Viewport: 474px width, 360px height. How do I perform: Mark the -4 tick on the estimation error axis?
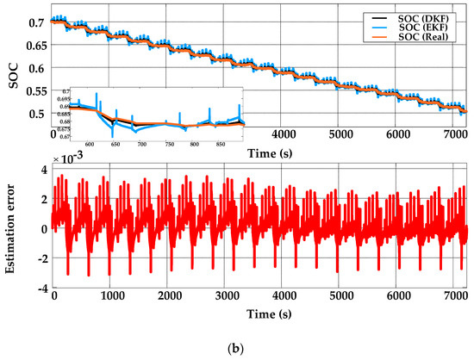(x=39, y=288)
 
